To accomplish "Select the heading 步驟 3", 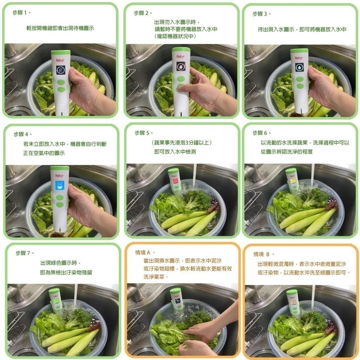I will tap(262, 14).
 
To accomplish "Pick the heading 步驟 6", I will tap(262, 133).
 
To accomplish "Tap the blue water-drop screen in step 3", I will tap(300, 67).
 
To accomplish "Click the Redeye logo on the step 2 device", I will tap(181, 56).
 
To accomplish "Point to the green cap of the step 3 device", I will tap(300, 51).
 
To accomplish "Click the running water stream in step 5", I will tap(194, 173).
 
